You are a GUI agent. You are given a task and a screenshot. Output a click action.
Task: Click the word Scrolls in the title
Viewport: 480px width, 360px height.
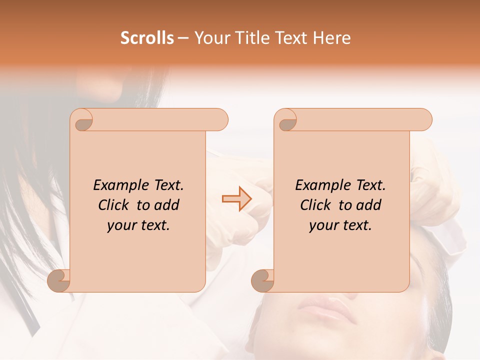tap(147, 37)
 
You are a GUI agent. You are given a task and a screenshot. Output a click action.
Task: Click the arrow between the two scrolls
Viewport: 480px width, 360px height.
tap(237, 199)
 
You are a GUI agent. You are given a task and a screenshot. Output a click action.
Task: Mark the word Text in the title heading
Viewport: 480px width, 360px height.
tap(289, 37)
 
